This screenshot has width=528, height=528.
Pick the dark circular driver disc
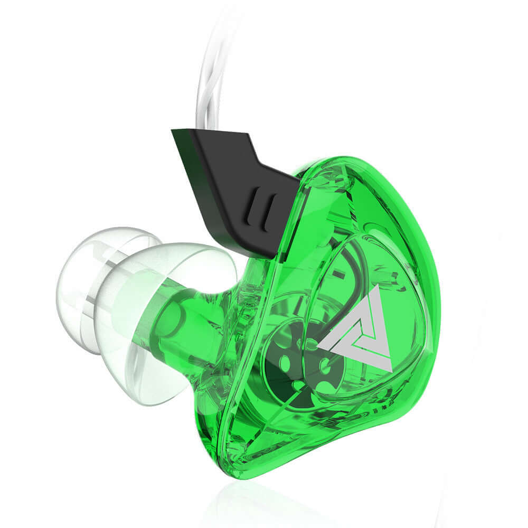tap(296, 364)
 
